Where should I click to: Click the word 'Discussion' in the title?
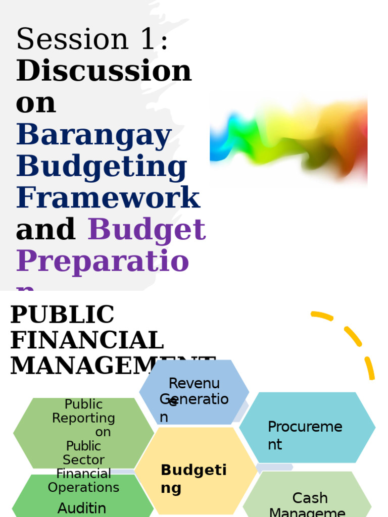tap(104, 71)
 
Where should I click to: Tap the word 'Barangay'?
tap(94, 135)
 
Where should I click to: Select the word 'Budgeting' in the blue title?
tap(102, 167)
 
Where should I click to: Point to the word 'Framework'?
tap(108, 198)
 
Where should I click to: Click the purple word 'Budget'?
tap(147, 230)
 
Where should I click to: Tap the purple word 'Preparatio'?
tap(103, 262)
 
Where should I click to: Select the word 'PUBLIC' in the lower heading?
tap(62, 315)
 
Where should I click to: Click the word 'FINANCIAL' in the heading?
tap(87, 340)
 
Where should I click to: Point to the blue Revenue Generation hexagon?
tap(194, 392)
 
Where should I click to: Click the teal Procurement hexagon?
tap(307, 427)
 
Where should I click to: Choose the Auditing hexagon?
tap(82, 502)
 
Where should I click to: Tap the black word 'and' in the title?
tap(45, 230)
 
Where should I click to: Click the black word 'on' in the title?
tap(35, 103)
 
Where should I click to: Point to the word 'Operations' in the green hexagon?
tap(83, 488)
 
